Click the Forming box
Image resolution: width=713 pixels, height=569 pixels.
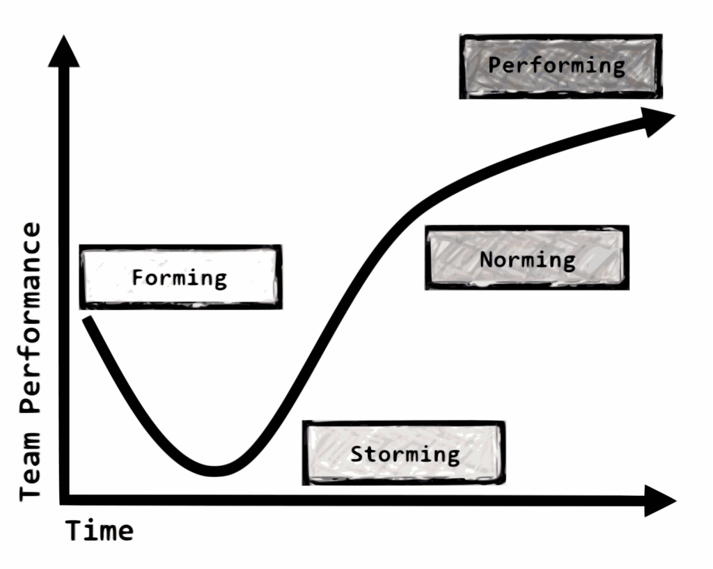[180, 277]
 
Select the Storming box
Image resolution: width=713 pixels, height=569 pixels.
[404, 453]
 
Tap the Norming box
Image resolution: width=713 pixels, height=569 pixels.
[527, 258]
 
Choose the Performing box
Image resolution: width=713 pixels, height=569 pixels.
[561, 66]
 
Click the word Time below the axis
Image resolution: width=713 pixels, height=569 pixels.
[100, 531]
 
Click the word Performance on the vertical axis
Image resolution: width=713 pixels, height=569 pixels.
[30, 318]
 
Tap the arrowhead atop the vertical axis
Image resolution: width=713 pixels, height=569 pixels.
[64, 51]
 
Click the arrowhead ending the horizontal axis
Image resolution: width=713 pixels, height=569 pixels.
[661, 501]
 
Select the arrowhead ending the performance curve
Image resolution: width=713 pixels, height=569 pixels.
[659, 121]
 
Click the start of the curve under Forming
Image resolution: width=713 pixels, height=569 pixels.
[87, 319]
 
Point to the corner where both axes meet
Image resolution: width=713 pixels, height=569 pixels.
[64, 500]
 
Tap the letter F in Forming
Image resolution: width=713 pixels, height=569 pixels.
[137, 277]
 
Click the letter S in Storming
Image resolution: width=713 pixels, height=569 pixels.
[356, 453]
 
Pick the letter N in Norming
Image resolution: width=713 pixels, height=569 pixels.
[486, 259]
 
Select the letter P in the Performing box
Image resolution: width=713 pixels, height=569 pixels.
[494, 65]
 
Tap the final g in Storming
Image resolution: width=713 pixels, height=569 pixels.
[453, 457]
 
